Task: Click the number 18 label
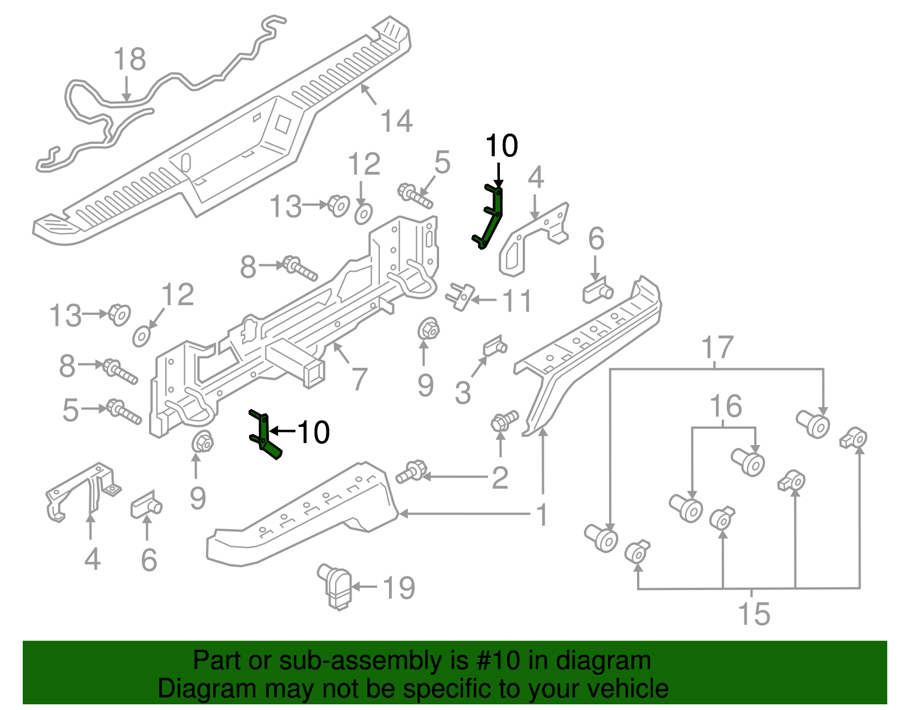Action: [x=130, y=59]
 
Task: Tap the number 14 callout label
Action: [x=396, y=121]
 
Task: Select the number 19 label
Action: [x=399, y=588]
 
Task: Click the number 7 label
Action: [x=359, y=379]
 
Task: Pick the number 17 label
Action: [x=717, y=347]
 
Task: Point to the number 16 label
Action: [x=726, y=406]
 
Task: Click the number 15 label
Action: [x=754, y=614]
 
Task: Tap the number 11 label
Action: [x=517, y=301]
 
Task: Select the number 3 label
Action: [x=463, y=393]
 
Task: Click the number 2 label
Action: [x=499, y=478]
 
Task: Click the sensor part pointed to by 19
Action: [x=336, y=586]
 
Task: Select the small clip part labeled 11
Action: [x=460, y=296]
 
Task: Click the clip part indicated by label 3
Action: [x=494, y=346]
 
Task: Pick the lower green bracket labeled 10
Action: [x=264, y=435]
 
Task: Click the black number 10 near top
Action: [x=501, y=146]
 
